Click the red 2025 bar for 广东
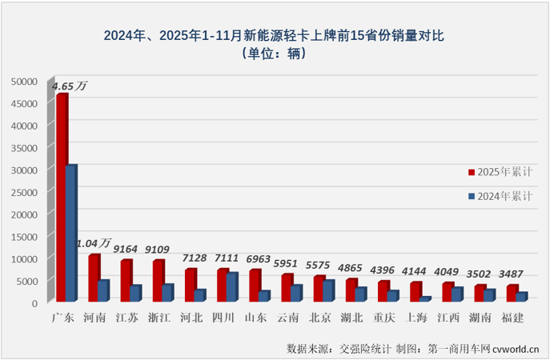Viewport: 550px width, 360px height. click(62, 198)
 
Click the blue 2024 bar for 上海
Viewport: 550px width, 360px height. click(425, 299)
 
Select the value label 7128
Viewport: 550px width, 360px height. click(195, 258)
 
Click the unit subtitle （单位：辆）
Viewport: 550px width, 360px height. click(275, 54)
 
